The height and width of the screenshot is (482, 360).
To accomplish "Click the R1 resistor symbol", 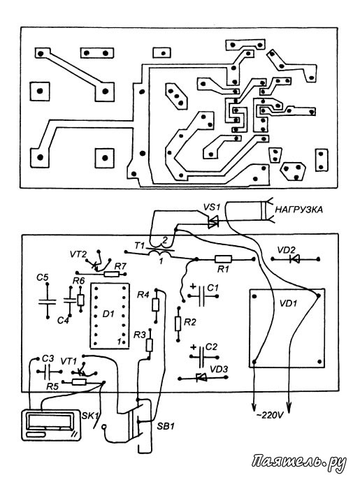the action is tap(223, 259).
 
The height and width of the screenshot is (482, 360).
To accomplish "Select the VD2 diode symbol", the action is tap(295, 259).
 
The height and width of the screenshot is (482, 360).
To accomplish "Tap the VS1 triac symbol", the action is tap(213, 221).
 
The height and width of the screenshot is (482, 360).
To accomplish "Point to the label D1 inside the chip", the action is tap(108, 314).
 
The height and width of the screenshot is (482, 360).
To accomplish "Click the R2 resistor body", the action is tap(178, 323).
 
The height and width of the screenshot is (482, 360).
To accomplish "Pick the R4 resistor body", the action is tap(156, 305).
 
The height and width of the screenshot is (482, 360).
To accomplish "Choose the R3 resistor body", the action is tap(150, 345).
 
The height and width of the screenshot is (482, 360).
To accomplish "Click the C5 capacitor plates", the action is tap(47, 301).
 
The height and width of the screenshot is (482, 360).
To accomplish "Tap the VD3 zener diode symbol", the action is tap(202, 377).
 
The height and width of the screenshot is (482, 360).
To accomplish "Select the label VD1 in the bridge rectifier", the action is tap(288, 303).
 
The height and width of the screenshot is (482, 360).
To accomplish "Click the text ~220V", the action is tap(270, 416).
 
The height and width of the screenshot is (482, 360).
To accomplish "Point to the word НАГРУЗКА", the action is tap(298, 210).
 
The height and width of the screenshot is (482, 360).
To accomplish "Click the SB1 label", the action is tap(166, 426).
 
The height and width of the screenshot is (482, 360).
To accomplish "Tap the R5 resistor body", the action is tap(79, 382).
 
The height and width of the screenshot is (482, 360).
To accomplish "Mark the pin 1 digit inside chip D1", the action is tap(119, 341).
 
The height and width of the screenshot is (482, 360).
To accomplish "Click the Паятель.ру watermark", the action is tap(299, 462).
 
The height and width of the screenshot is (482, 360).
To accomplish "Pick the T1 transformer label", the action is tap(139, 246).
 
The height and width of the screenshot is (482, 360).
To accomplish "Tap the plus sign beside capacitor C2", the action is tap(193, 347).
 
